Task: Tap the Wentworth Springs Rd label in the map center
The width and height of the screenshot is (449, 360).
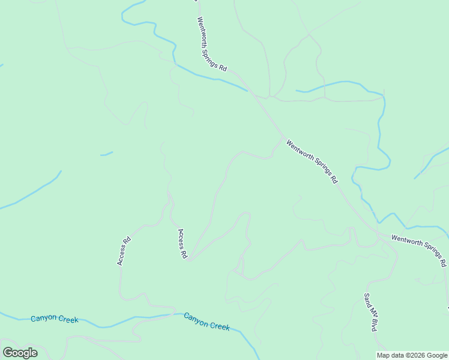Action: click(312, 161)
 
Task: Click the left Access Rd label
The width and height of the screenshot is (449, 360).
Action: click(124, 251)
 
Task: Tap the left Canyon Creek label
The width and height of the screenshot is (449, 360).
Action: click(55, 319)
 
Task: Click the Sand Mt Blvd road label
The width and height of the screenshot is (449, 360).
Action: click(370, 313)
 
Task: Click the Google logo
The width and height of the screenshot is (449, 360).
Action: click(20, 353)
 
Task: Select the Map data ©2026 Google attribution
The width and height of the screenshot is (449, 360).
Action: click(412, 355)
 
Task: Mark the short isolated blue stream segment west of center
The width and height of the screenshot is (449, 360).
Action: click(106, 154)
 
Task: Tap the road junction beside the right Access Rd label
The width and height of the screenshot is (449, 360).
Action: click(188, 260)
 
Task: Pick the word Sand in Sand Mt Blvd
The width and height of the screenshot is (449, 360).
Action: click(366, 299)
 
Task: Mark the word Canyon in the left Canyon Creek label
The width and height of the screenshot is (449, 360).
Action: click(43, 319)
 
